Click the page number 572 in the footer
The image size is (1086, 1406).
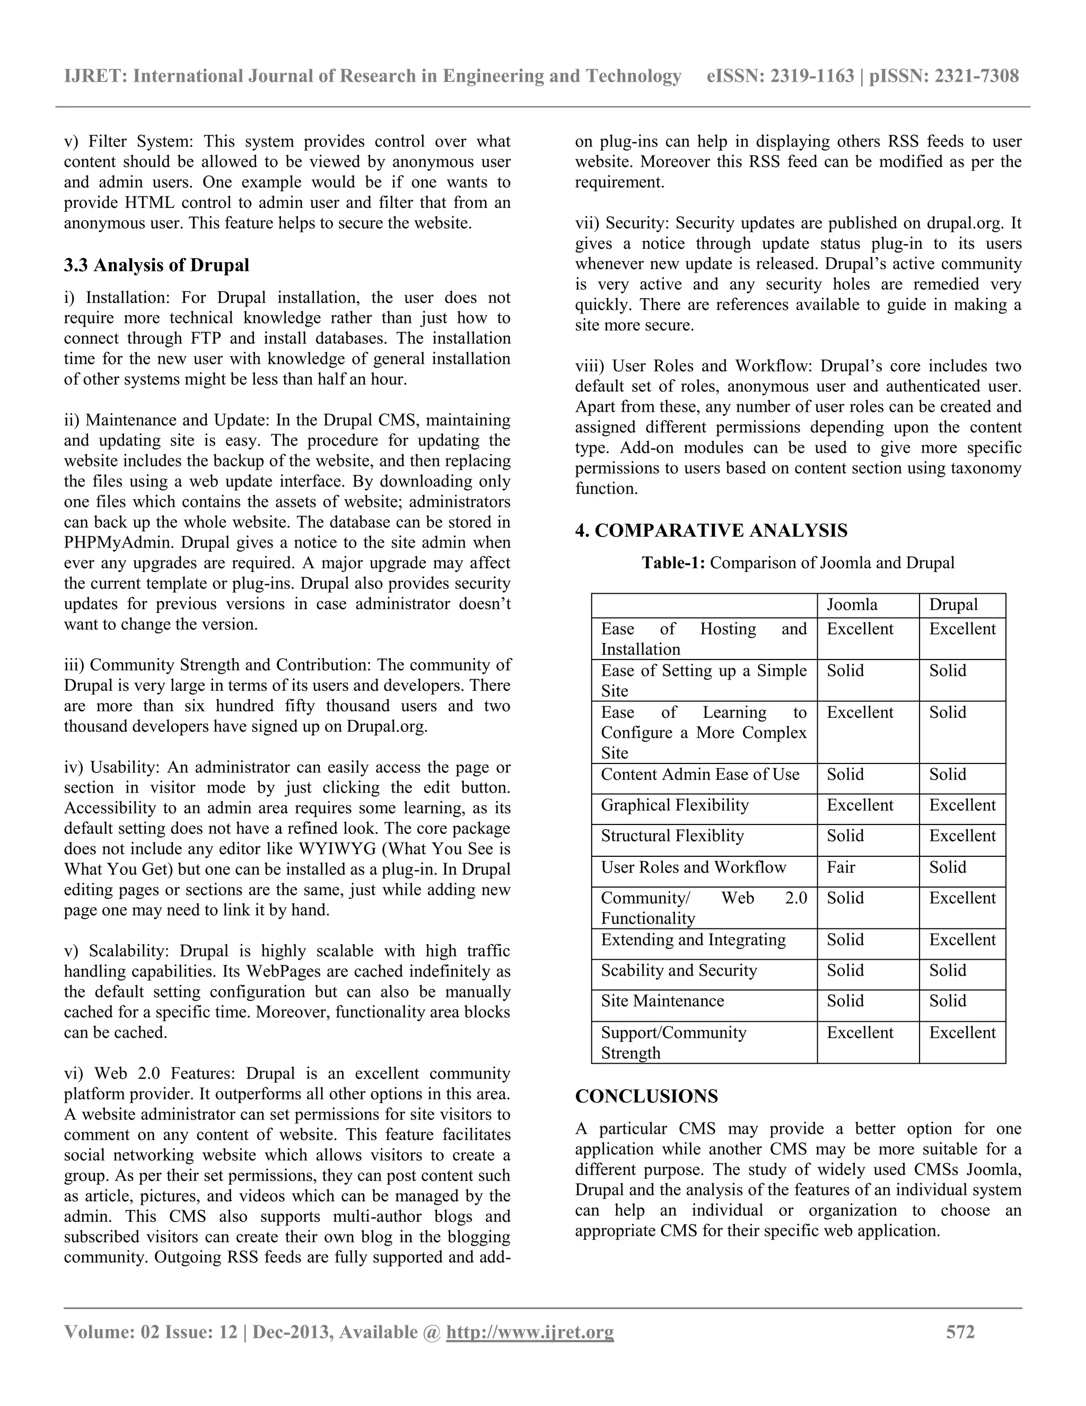[x=960, y=1331]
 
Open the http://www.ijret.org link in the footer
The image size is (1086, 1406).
[x=530, y=1331]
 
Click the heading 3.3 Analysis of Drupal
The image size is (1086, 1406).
[x=156, y=265]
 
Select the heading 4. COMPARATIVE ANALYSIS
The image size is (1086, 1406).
[x=711, y=531]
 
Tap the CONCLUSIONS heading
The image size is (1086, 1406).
[x=646, y=1096]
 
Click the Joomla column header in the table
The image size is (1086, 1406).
[x=851, y=604]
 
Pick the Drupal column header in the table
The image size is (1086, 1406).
[x=953, y=604]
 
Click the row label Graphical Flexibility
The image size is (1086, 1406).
[x=675, y=805]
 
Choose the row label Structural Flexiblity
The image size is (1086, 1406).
[x=672, y=836]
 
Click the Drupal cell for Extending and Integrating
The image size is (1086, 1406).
[x=962, y=940]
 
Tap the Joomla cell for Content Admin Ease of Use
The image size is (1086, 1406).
[x=845, y=775]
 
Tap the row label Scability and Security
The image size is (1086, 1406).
[x=679, y=970]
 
